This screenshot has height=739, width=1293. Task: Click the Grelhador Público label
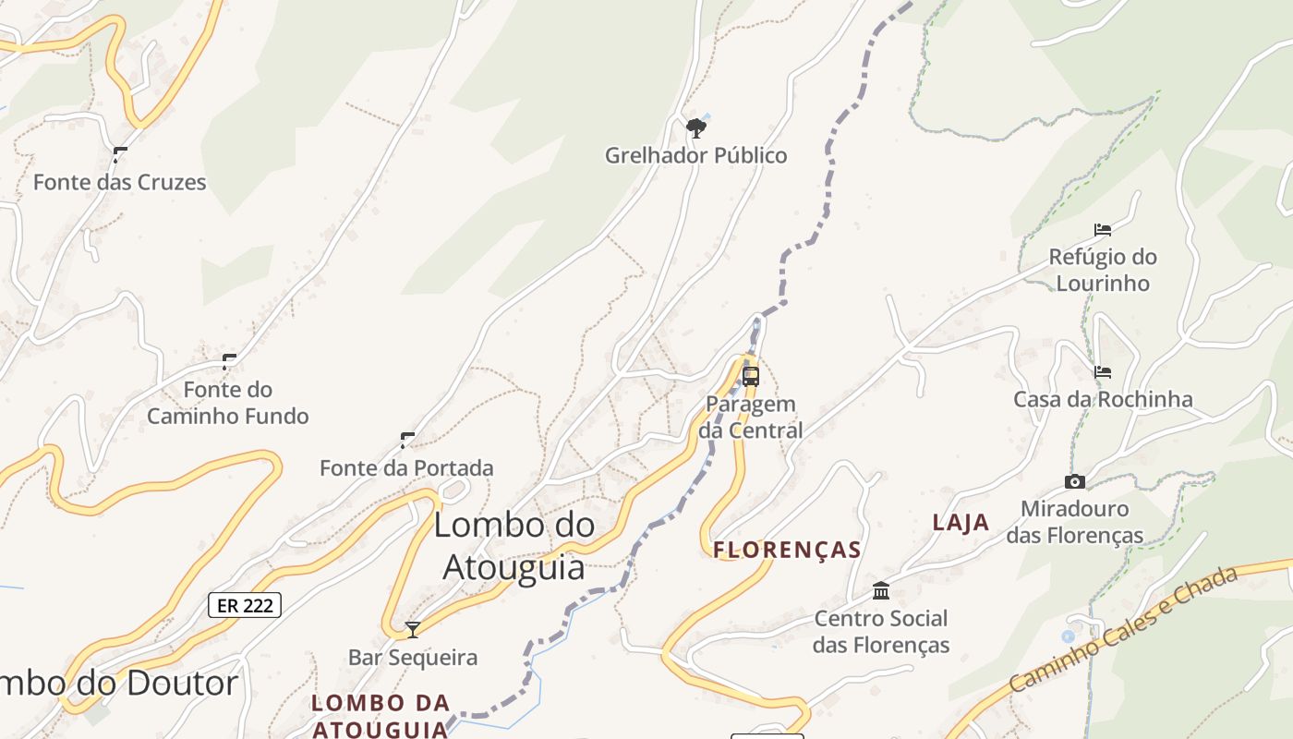(695, 155)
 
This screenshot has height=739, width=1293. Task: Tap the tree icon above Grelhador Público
(695, 127)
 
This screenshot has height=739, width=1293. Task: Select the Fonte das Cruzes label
(119, 182)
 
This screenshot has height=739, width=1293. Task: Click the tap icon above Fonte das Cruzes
(119, 154)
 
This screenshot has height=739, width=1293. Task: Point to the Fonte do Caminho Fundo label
(227, 403)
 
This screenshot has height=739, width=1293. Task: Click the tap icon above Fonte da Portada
(407, 440)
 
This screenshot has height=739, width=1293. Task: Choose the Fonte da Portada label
(406, 468)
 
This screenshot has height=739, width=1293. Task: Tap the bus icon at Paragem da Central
(751, 376)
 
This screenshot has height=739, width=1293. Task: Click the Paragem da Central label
(750, 417)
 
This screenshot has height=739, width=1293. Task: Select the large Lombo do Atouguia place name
(514, 545)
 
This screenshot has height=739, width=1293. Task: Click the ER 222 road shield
(245, 605)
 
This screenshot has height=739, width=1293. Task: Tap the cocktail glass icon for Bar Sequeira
(413, 630)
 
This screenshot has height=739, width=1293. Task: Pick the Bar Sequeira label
(413, 658)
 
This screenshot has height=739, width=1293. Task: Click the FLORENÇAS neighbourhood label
(787, 551)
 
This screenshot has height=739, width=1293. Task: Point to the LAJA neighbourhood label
(961, 523)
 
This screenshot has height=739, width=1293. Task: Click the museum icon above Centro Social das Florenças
(881, 590)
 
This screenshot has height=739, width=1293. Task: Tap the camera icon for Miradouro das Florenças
(1074, 481)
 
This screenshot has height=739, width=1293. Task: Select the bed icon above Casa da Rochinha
(1102, 372)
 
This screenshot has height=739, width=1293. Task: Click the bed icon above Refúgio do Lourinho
(1102, 229)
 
